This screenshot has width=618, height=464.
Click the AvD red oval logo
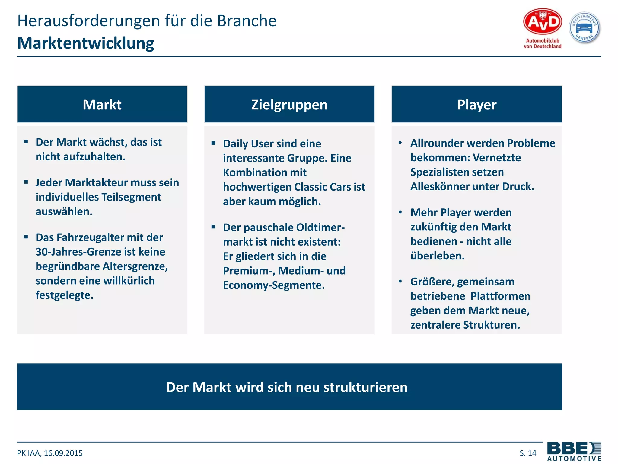[x=542, y=22]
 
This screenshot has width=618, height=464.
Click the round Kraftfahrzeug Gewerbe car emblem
[x=585, y=28]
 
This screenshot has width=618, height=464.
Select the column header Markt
[x=102, y=105]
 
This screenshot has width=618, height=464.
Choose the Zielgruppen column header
[x=289, y=105]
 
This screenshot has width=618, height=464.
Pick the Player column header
[x=476, y=105]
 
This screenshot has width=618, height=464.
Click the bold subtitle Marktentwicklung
[x=86, y=43]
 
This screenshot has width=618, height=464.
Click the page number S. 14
[x=528, y=453]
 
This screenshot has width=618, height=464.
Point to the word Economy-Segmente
[x=274, y=285]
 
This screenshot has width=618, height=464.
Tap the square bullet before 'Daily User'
[x=213, y=143]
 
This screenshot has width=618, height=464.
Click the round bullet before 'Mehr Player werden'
[x=400, y=212]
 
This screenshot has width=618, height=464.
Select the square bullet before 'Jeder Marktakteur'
[x=26, y=182]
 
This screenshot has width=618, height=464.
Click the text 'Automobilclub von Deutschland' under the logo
[x=542, y=43]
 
